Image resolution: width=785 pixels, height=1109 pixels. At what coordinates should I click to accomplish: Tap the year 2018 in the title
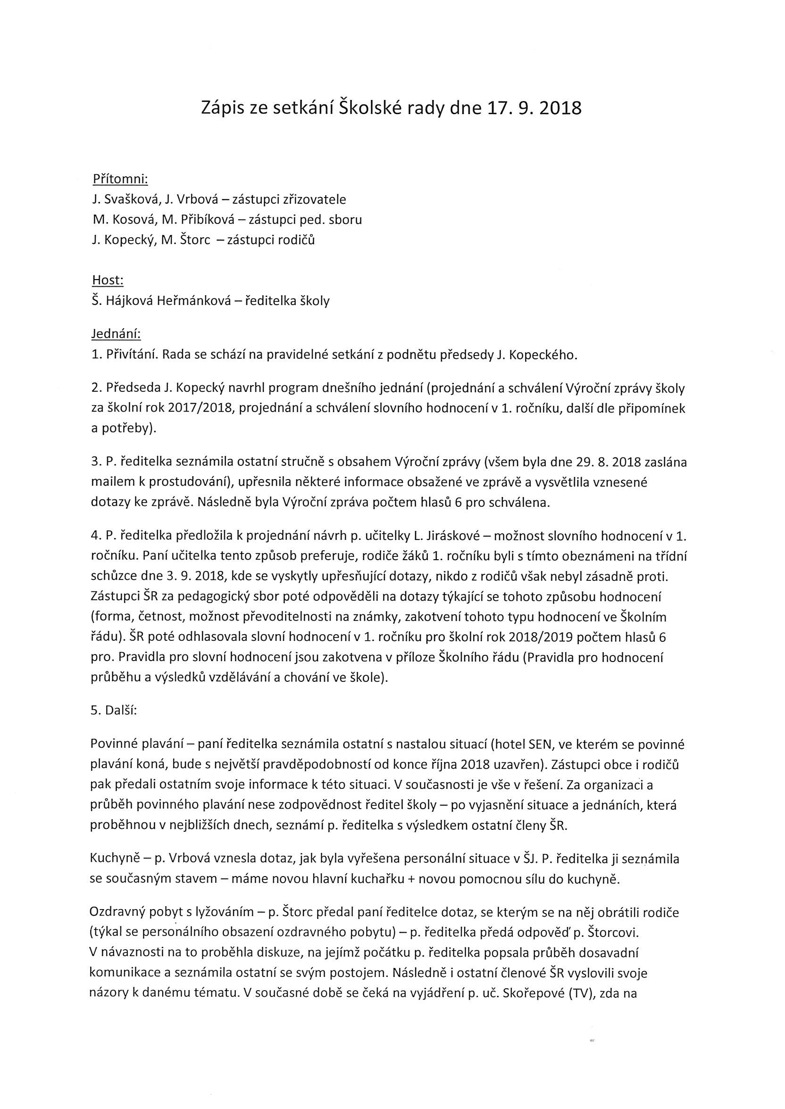click(560, 108)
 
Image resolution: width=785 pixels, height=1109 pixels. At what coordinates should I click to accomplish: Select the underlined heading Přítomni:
click(120, 179)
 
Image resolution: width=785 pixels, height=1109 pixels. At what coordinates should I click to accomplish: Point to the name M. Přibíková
click(198, 220)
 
